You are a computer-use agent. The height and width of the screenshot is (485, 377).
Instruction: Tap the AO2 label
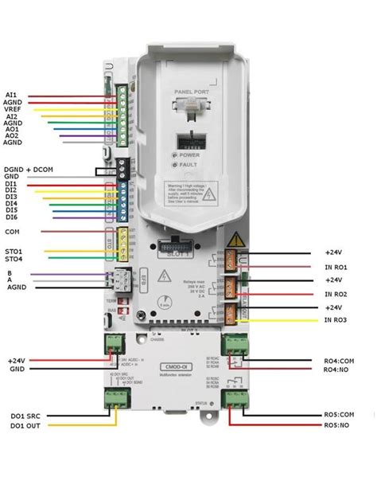12,136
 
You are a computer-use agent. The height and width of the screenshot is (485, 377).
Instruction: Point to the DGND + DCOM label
25,170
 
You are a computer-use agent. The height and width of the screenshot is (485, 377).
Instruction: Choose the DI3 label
10,197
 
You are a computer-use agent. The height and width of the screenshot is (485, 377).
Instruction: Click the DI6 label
10,217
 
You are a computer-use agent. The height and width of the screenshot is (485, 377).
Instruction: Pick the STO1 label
14,251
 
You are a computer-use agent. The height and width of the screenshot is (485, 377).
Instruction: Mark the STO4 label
14,259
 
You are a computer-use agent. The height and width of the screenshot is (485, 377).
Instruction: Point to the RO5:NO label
339,424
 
